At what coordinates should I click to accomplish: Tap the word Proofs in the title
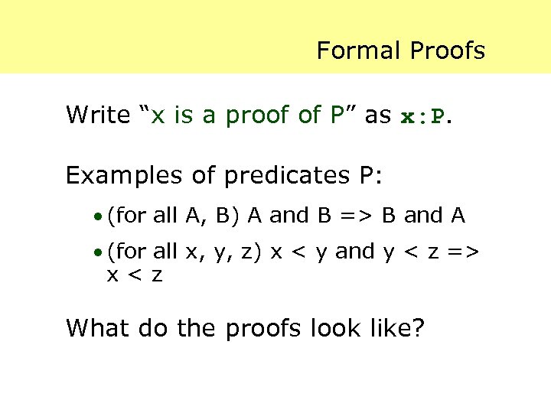click(448, 51)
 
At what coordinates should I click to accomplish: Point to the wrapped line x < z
click(135, 275)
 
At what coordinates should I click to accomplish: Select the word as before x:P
click(377, 115)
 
